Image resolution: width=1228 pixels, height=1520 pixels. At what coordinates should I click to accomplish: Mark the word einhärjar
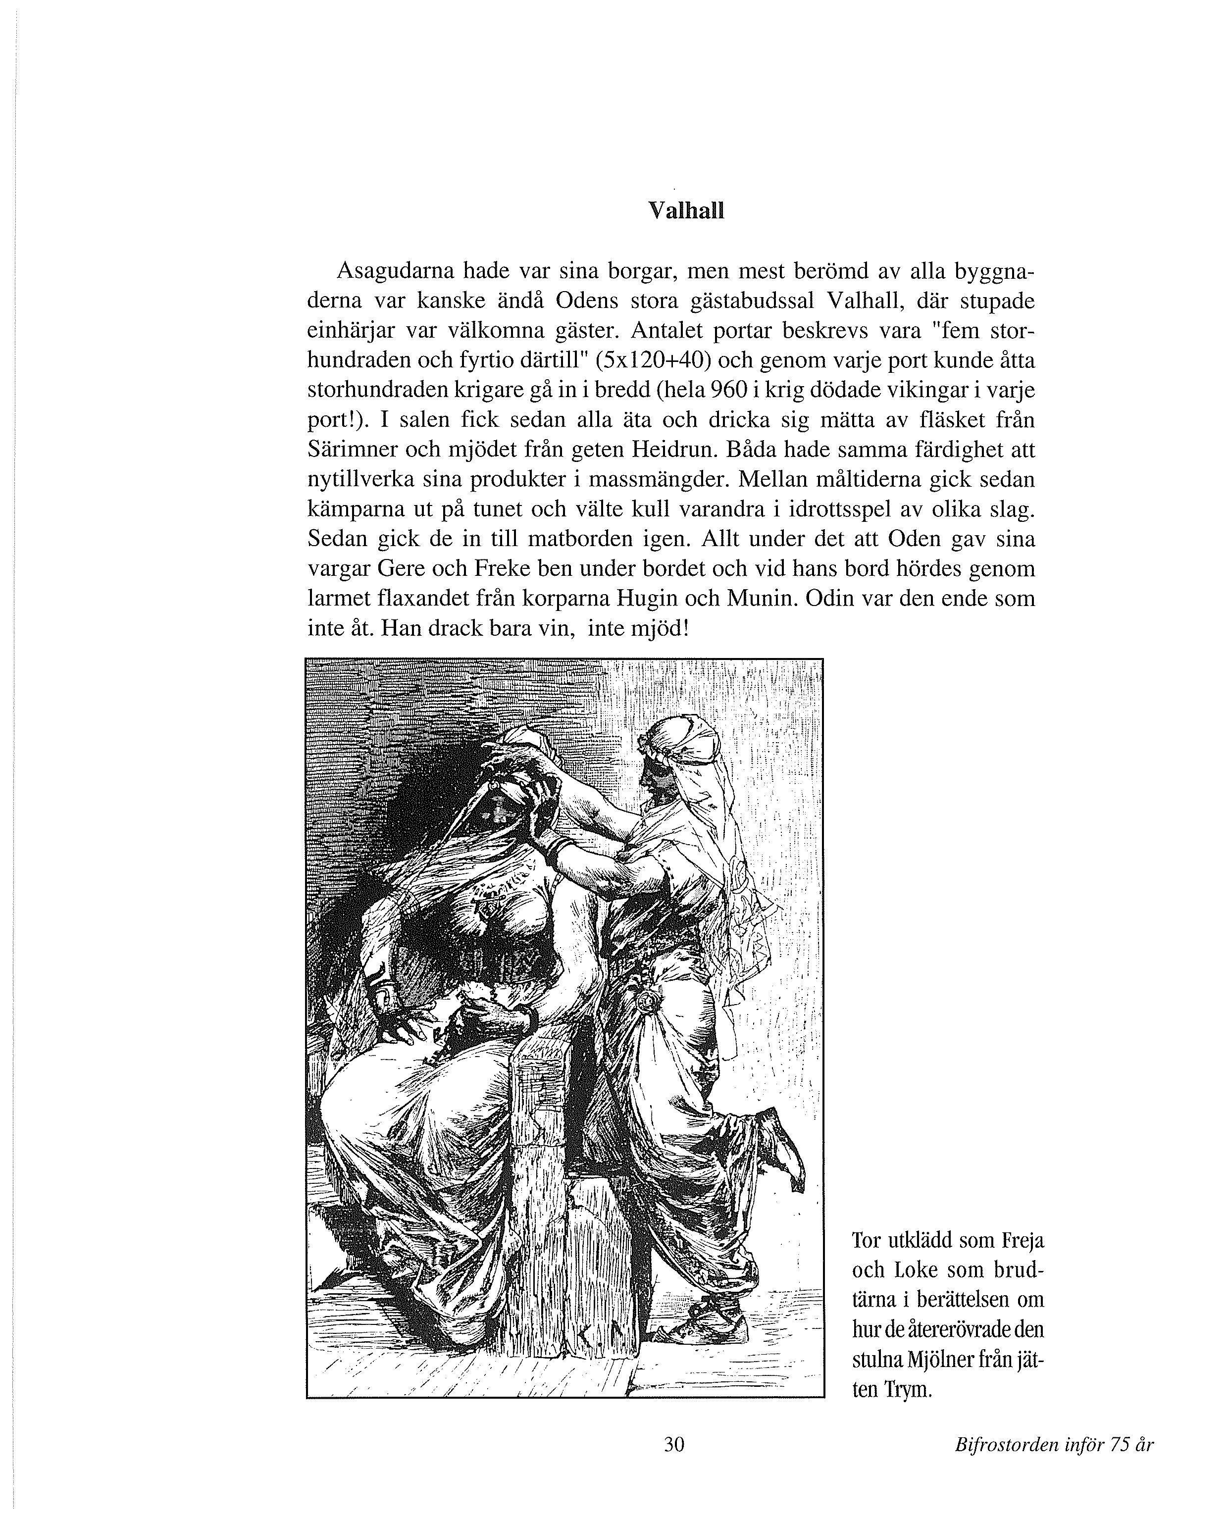tap(350, 331)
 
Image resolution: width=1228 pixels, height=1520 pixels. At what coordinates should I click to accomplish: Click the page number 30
tap(674, 1444)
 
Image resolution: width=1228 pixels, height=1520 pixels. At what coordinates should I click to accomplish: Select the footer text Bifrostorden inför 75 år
tap(1054, 1444)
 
